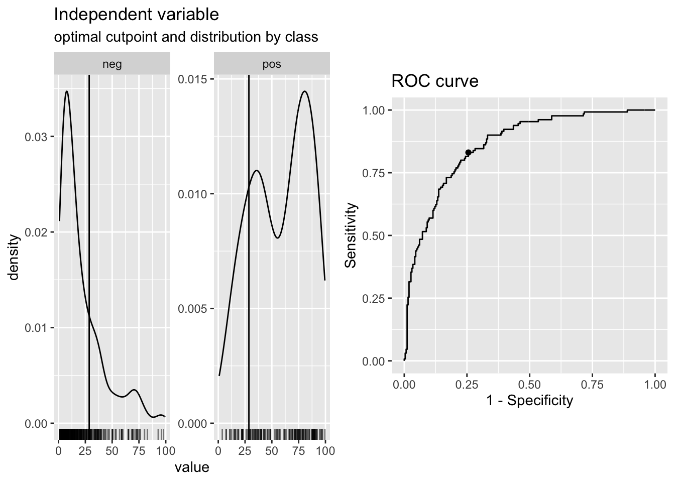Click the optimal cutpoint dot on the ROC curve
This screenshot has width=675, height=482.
468,152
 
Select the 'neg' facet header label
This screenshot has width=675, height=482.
112,64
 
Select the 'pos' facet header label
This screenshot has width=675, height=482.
272,64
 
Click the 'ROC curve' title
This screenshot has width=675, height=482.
434,81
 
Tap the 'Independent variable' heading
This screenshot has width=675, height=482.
136,15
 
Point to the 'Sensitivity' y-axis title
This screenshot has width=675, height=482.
351,235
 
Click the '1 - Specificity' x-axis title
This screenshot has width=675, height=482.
529,400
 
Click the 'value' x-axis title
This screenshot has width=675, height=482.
191,467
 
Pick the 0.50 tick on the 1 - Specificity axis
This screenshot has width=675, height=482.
529,385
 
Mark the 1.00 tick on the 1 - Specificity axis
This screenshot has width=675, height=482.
655,385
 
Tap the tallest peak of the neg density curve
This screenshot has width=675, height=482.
66,91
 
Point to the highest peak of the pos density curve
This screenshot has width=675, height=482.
304,91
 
